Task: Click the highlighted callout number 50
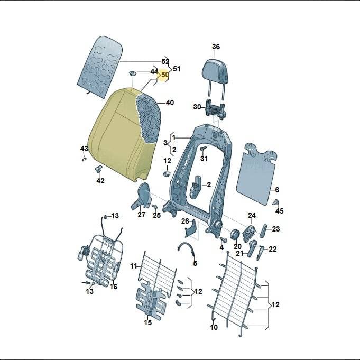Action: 165,75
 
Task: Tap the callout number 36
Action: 216,47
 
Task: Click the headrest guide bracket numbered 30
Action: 215,109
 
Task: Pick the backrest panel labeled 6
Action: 256,173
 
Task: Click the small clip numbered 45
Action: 276,202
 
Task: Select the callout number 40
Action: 170,103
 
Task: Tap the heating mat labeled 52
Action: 99,68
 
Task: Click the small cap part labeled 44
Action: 133,73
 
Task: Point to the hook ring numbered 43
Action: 84,159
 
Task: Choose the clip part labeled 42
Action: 99,169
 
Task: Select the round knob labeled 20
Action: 235,235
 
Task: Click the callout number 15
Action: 148,322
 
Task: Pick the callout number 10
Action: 214,327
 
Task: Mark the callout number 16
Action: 114,287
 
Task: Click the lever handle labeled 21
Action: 253,248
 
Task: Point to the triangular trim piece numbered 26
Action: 191,229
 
